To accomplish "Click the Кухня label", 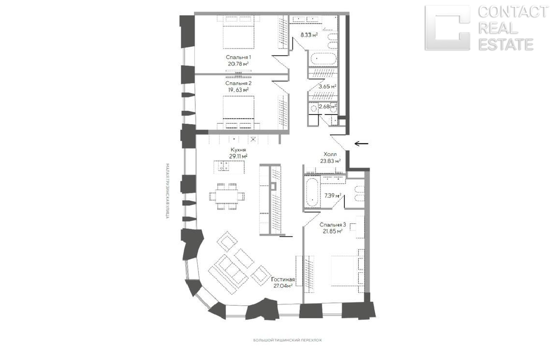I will [x=238, y=150].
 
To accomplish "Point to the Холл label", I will [x=330, y=155].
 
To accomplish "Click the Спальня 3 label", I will [x=332, y=224].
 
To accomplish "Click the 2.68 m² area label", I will [x=328, y=107].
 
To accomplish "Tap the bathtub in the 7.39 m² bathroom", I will [x=312, y=194].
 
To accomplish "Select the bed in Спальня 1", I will [x=238, y=32].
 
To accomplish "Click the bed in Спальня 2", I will [x=238, y=111].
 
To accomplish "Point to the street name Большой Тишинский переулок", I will [x=288, y=340].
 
